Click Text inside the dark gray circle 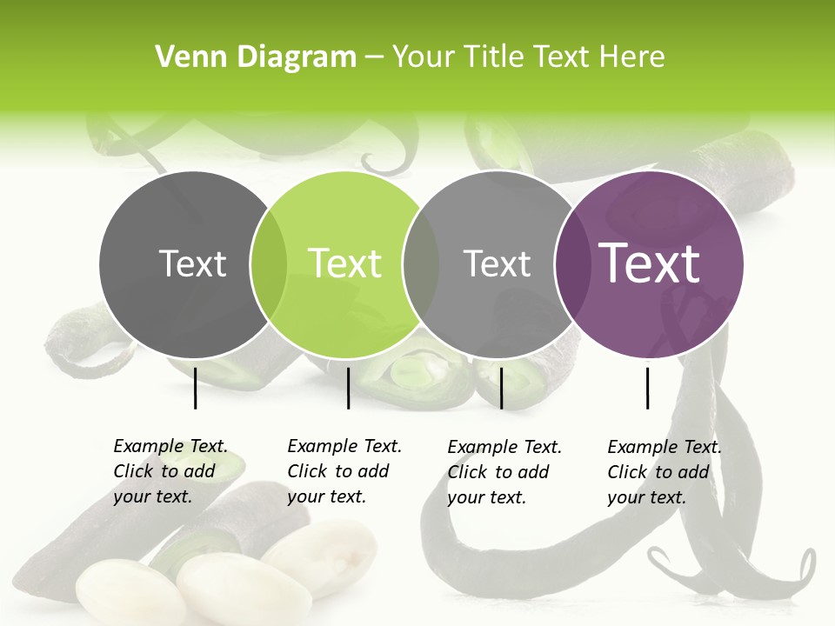click(192, 263)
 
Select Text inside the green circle click(345, 263)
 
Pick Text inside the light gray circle click(497, 263)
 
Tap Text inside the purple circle click(650, 263)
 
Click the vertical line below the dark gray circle click(196, 388)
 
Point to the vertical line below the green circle click(348, 388)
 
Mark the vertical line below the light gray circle click(502, 388)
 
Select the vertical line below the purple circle click(647, 388)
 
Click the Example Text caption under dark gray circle click(170, 471)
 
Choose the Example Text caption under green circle click(344, 471)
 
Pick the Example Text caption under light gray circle click(504, 472)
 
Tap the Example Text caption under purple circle click(664, 472)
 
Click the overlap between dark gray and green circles click(269, 264)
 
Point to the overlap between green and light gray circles click(421, 264)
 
